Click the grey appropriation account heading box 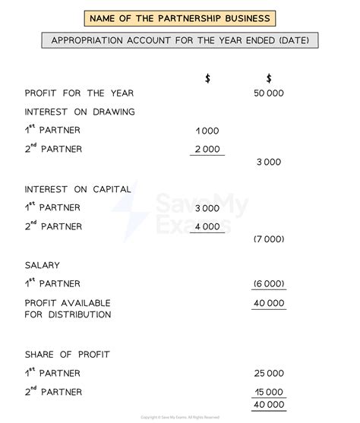(180, 40)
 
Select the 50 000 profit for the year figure (269, 93)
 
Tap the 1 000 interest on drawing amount (207, 131)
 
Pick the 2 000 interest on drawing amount (207, 149)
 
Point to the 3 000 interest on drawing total (269, 162)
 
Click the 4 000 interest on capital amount (207, 226)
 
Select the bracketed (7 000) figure (269, 239)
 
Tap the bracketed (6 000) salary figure (269, 283)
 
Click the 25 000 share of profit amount (269, 373)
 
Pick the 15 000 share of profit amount (269, 392)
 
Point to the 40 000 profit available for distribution (269, 303)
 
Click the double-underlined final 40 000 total (269, 405)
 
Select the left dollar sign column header (207, 78)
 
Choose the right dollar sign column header (269, 78)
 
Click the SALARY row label (42, 265)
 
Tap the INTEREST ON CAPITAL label (77, 189)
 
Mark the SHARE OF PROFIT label (67, 355)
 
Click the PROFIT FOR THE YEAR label (79, 93)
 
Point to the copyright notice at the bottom (179, 418)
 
